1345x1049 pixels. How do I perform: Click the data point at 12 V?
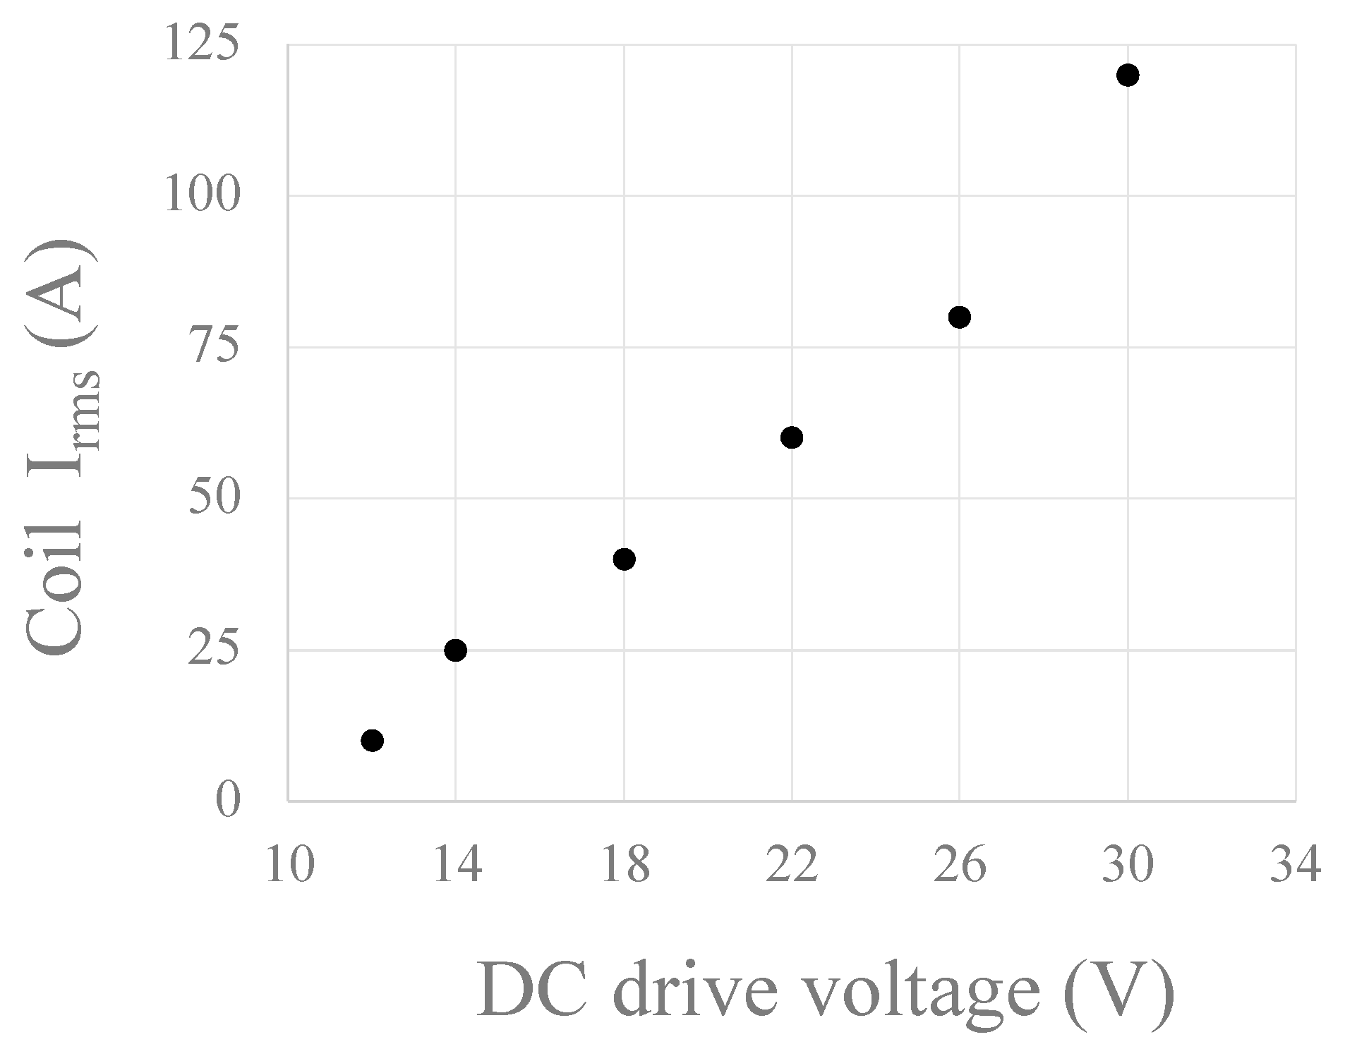(x=372, y=740)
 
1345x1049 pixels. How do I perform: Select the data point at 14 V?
(x=456, y=650)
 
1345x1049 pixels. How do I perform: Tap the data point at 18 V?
(x=624, y=559)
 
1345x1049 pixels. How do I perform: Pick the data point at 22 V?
(x=792, y=437)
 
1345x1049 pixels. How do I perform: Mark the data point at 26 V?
(x=959, y=317)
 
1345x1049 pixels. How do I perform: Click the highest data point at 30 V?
(x=1128, y=75)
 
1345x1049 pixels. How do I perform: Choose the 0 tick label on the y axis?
(x=228, y=801)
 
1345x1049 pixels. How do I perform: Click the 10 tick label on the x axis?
(x=289, y=865)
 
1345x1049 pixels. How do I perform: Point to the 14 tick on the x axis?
(x=457, y=865)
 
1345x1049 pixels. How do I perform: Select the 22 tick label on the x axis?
(x=792, y=865)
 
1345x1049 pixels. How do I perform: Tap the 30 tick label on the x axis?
(x=1128, y=865)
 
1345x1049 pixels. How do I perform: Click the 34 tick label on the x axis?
(x=1295, y=865)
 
